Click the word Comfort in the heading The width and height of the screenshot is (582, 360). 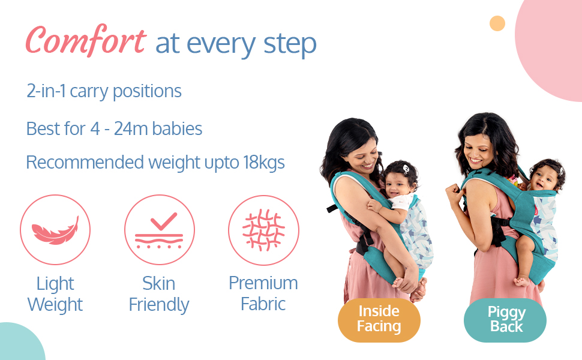[x=86, y=40]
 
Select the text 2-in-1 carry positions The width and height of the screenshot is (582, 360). [x=104, y=91]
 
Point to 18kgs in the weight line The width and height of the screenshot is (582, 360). [x=264, y=163]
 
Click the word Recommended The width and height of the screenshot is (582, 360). [x=85, y=162]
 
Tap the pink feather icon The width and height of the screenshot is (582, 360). [x=55, y=231]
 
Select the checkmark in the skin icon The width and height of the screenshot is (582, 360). [x=164, y=221]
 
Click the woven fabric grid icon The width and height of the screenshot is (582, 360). [x=263, y=230]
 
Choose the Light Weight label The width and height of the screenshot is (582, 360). [x=55, y=294]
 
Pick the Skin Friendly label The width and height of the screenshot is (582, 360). [x=159, y=294]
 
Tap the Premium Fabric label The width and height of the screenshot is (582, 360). [x=263, y=293]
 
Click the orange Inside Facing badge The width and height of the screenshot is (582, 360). [x=379, y=320]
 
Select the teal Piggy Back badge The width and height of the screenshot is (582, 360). [x=505, y=320]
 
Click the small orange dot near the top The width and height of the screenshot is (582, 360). [x=497, y=23]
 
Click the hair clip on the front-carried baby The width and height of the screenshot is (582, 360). [x=406, y=169]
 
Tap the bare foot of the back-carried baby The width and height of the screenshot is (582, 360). [x=522, y=281]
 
